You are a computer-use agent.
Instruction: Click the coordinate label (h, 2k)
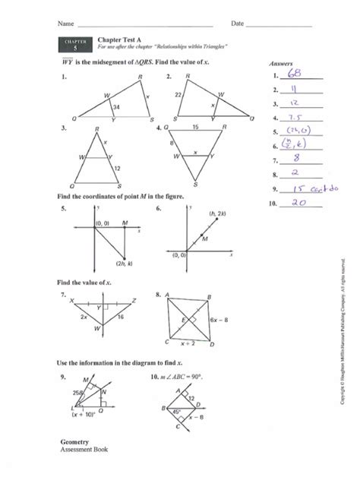[216, 214]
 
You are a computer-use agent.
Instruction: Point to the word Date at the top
[238, 24]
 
